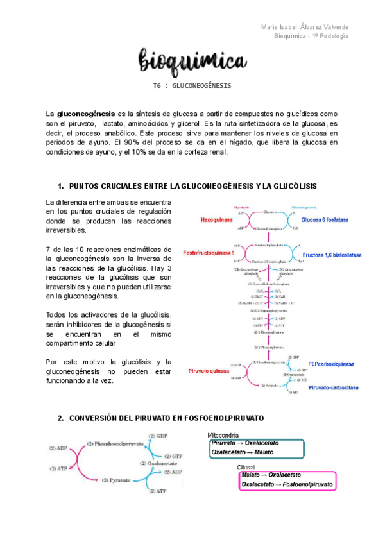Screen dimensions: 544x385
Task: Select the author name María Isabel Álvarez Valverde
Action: click(305, 26)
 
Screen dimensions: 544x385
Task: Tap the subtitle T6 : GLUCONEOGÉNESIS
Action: click(192, 85)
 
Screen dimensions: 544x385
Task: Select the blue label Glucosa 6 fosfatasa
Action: click(321, 219)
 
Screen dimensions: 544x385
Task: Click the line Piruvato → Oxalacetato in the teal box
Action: click(241, 443)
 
